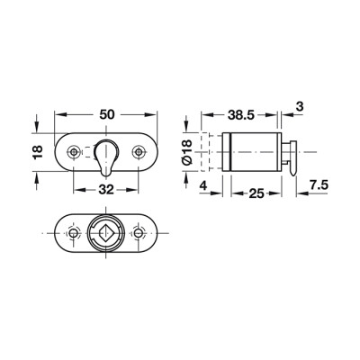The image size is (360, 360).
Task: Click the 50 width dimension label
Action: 106,114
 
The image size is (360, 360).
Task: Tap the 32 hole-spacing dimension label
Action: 106,190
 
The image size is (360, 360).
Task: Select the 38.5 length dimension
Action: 241,114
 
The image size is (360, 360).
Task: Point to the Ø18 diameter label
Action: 186,152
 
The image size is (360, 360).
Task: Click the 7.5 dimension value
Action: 319,185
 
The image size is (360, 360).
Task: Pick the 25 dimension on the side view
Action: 256,193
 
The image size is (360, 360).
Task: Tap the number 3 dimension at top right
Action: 300,106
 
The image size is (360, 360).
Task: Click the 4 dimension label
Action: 203,185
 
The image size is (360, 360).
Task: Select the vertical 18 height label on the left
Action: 39,152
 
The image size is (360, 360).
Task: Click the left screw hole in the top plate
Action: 74,152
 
